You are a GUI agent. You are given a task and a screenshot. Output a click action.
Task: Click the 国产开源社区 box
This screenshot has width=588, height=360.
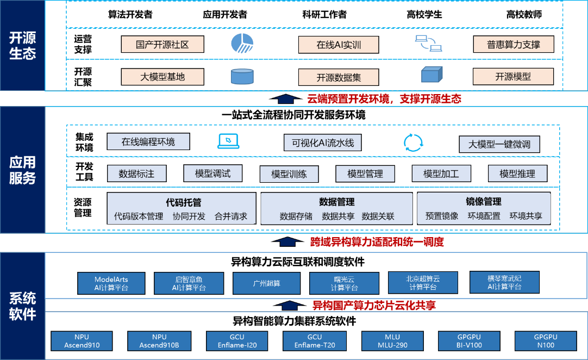click(x=162, y=44)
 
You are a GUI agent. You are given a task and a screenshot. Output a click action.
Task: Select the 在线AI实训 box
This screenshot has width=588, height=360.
click(x=339, y=45)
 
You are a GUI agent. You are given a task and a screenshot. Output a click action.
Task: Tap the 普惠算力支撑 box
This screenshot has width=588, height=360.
click(x=514, y=44)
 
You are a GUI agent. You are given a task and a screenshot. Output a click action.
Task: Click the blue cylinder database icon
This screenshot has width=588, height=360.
click(x=242, y=76)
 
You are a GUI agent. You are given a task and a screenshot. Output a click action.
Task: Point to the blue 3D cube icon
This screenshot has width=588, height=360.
click(x=431, y=75)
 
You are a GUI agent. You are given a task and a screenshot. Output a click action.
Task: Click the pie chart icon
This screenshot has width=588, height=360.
click(x=242, y=43)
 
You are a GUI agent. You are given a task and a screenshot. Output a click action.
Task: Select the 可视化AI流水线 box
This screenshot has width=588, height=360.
click(x=322, y=142)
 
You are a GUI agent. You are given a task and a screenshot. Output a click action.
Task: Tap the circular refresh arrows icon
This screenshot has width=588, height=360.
click(x=413, y=142)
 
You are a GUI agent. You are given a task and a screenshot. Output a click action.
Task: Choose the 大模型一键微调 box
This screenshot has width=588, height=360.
click(x=499, y=144)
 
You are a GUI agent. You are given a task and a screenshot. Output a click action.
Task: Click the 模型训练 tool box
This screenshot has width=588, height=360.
click(x=289, y=174)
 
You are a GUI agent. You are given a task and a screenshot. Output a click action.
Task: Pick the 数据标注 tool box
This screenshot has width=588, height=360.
click(x=136, y=174)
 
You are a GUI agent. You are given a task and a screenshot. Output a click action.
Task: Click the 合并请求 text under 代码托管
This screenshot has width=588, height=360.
click(x=231, y=216)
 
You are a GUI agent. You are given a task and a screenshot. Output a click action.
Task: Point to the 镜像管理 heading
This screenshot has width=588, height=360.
click(x=484, y=202)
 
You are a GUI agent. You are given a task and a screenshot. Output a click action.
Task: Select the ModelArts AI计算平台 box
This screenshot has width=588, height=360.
click(x=111, y=283)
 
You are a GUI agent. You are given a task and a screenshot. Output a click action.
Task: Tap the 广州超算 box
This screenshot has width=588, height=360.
click(x=267, y=283)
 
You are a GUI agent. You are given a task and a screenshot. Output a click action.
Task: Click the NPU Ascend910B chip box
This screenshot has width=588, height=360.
click(x=159, y=341)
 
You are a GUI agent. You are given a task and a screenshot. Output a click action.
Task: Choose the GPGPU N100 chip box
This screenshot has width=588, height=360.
click(x=546, y=341)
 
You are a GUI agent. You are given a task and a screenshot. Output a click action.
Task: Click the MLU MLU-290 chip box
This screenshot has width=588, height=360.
click(x=392, y=341)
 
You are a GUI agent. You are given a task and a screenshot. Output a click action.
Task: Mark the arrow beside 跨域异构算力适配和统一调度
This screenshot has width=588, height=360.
click(x=287, y=242)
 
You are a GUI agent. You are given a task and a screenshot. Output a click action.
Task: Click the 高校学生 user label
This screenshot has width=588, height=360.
click(x=424, y=15)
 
